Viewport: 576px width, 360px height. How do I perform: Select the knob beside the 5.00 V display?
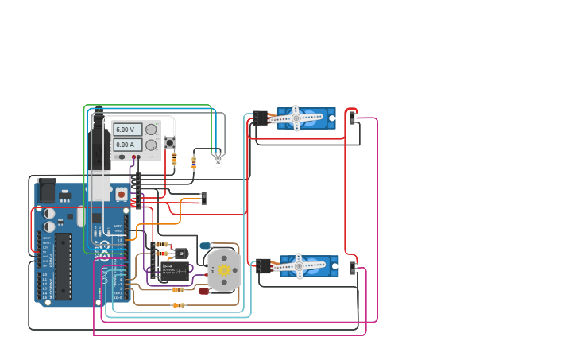click(x=151, y=130)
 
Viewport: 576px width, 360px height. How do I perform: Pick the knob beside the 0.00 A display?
click(x=151, y=145)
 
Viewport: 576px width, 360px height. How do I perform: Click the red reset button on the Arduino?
click(x=121, y=193)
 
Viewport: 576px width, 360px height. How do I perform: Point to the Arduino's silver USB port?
click(x=99, y=188)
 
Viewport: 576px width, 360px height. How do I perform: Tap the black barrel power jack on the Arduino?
click(x=46, y=191)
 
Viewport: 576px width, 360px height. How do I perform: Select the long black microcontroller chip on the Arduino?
click(x=63, y=266)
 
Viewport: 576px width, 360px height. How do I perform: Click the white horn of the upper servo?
click(x=296, y=118)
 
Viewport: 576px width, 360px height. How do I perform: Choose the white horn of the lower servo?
click(x=300, y=266)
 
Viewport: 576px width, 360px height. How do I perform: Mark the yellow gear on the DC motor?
click(x=224, y=270)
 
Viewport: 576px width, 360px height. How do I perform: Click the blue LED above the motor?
click(x=205, y=246)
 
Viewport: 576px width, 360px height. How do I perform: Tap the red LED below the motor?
click(x=203, y=291)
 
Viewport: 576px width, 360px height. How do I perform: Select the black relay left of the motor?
click(x=175, y=271)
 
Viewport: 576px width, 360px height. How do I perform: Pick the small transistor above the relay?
click(x=180, y=253)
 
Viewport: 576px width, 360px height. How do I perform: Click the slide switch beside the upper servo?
click(x=353, y=118)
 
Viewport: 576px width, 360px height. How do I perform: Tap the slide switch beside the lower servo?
click(x=353, y=269)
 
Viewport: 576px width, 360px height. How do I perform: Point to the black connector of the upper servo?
click(x=261, y=118)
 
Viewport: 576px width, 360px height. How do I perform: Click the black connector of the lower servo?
click(x=263, y=266)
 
